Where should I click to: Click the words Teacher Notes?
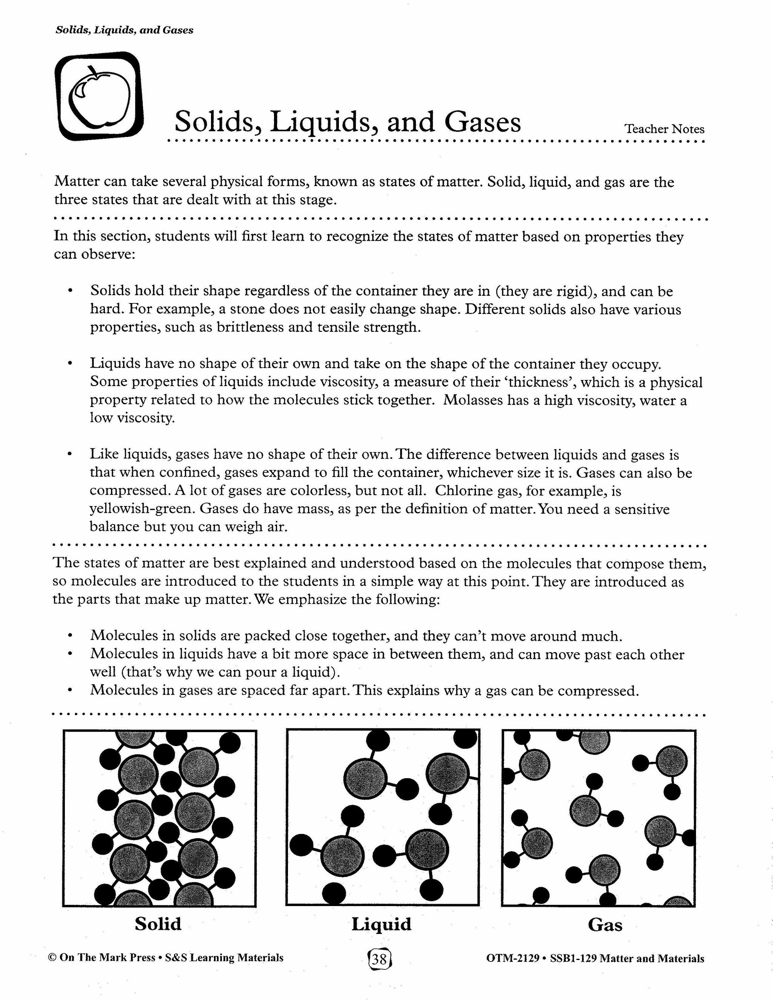664,129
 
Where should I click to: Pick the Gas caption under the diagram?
605,925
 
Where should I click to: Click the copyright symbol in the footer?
52,958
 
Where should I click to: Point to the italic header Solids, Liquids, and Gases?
124,30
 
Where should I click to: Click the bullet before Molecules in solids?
70,636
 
